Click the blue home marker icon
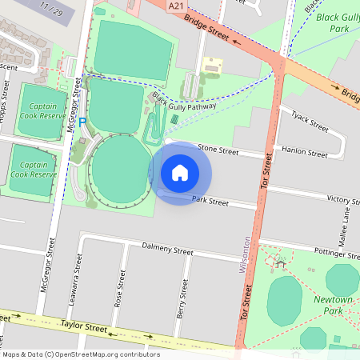(x=180, y=173)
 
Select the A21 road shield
(x=177, y=6)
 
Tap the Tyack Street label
(x=310, y=121)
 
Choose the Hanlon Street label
(x=305, y=153)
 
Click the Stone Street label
(x=218, y=150)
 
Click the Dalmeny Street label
(x=166, y=250)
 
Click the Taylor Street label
(x=84, y=327)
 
